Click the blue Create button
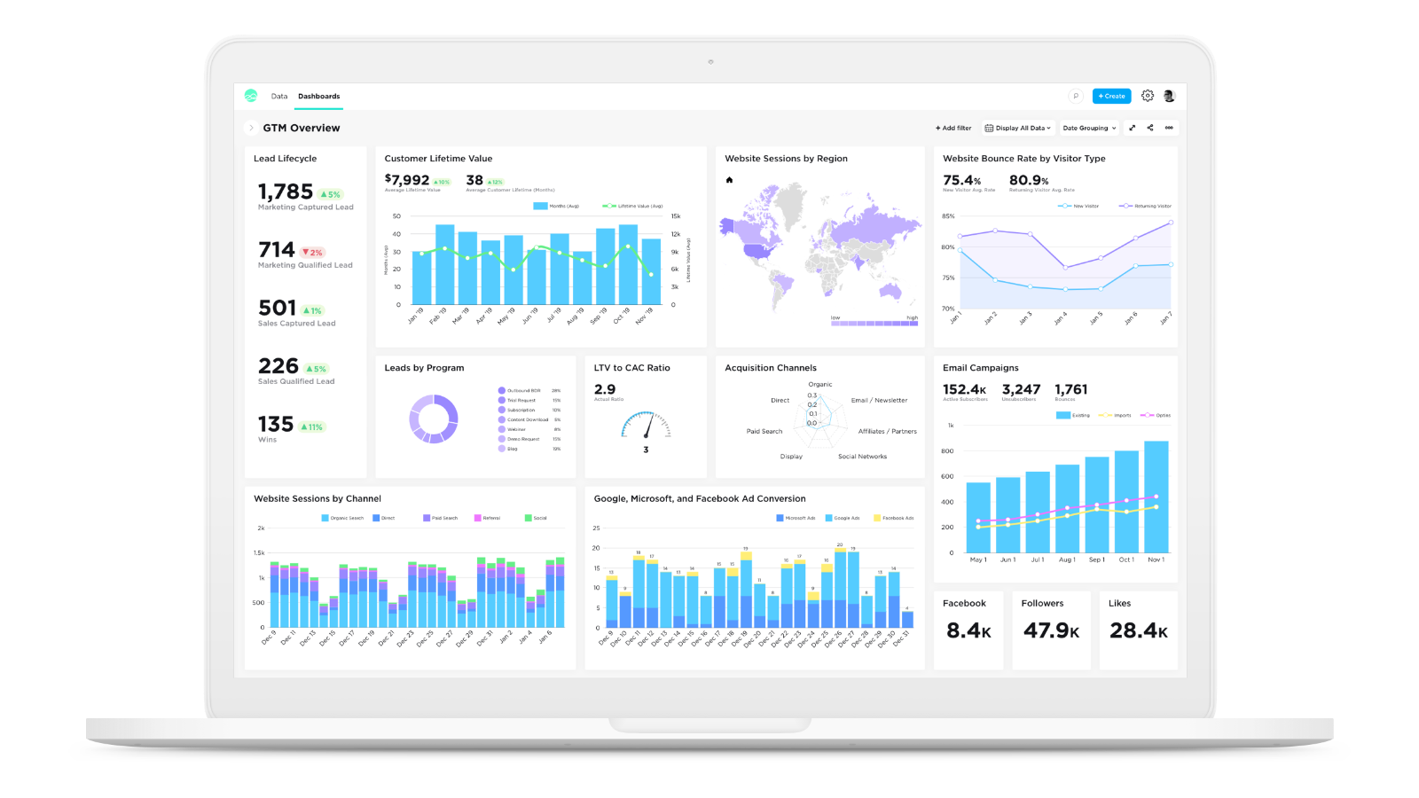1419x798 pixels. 1111,96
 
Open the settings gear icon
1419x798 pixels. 1148,96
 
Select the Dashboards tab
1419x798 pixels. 318,96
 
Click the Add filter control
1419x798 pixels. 953,128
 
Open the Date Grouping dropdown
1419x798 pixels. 1089,128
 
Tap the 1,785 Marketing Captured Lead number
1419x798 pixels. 286,192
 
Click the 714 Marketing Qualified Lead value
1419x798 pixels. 276,250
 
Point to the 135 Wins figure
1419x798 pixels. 275,425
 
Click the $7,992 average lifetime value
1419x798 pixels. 407,180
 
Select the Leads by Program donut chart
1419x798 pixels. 434,419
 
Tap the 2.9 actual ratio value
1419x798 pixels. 605,389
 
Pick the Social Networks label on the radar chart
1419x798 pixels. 862,457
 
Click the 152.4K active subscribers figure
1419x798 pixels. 964,389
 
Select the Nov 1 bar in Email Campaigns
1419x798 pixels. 1156,497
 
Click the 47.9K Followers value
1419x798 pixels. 1051,630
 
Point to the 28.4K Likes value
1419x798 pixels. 1138,630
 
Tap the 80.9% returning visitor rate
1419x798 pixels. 1029,180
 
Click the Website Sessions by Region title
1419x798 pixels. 786,159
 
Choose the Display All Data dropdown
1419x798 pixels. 1018,128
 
